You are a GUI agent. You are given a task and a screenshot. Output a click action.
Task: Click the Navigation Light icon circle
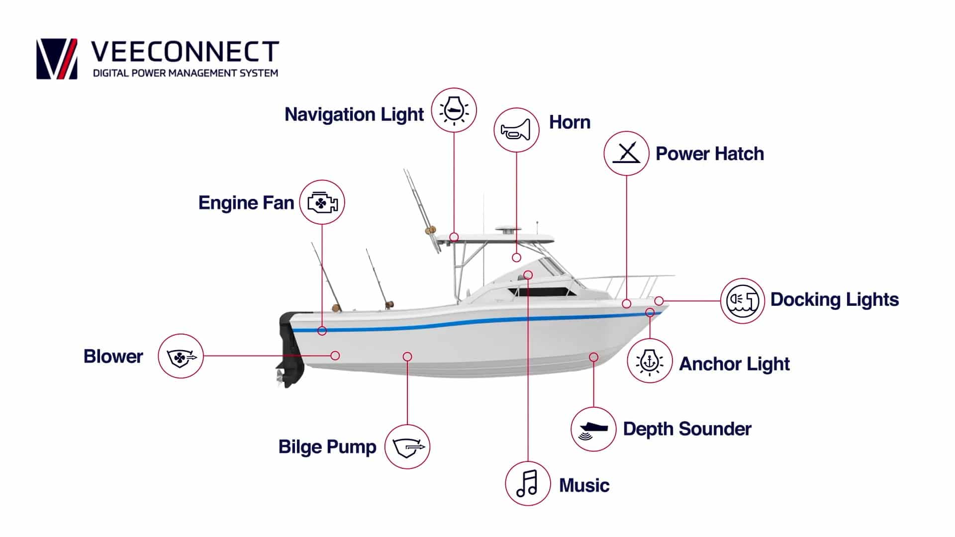(454, 110)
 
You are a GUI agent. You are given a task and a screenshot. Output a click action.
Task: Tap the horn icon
(516, 130)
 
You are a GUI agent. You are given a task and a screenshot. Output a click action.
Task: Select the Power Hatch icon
(626, 153)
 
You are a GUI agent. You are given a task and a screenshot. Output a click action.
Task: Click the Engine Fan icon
(322, 202)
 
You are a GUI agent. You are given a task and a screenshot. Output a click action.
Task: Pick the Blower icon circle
(181, 356)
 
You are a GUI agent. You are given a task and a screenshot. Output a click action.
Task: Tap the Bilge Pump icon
(407, 447)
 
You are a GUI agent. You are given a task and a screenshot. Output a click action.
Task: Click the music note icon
(527, 483)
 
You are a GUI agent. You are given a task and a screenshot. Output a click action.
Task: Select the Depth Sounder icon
(593, 429)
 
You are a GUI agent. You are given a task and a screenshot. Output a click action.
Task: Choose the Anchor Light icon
(650, 361)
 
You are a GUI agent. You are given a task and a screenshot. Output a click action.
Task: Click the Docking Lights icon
(742, 300)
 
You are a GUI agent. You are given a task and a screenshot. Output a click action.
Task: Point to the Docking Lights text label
(834, 299)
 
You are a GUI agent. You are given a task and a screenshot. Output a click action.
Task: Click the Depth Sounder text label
(687, 429)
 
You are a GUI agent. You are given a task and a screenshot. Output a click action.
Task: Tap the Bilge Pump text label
(327, 447)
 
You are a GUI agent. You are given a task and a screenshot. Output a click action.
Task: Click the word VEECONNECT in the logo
(185, 52)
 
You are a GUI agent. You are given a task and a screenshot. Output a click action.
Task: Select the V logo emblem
(57, 59)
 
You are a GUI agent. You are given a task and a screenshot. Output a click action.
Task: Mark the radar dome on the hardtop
(508, 230)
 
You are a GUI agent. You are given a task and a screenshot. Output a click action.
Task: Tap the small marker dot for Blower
(335, 356)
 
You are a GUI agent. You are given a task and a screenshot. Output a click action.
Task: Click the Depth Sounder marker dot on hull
(593, 357)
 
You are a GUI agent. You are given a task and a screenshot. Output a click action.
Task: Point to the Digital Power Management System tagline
(186, 73)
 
